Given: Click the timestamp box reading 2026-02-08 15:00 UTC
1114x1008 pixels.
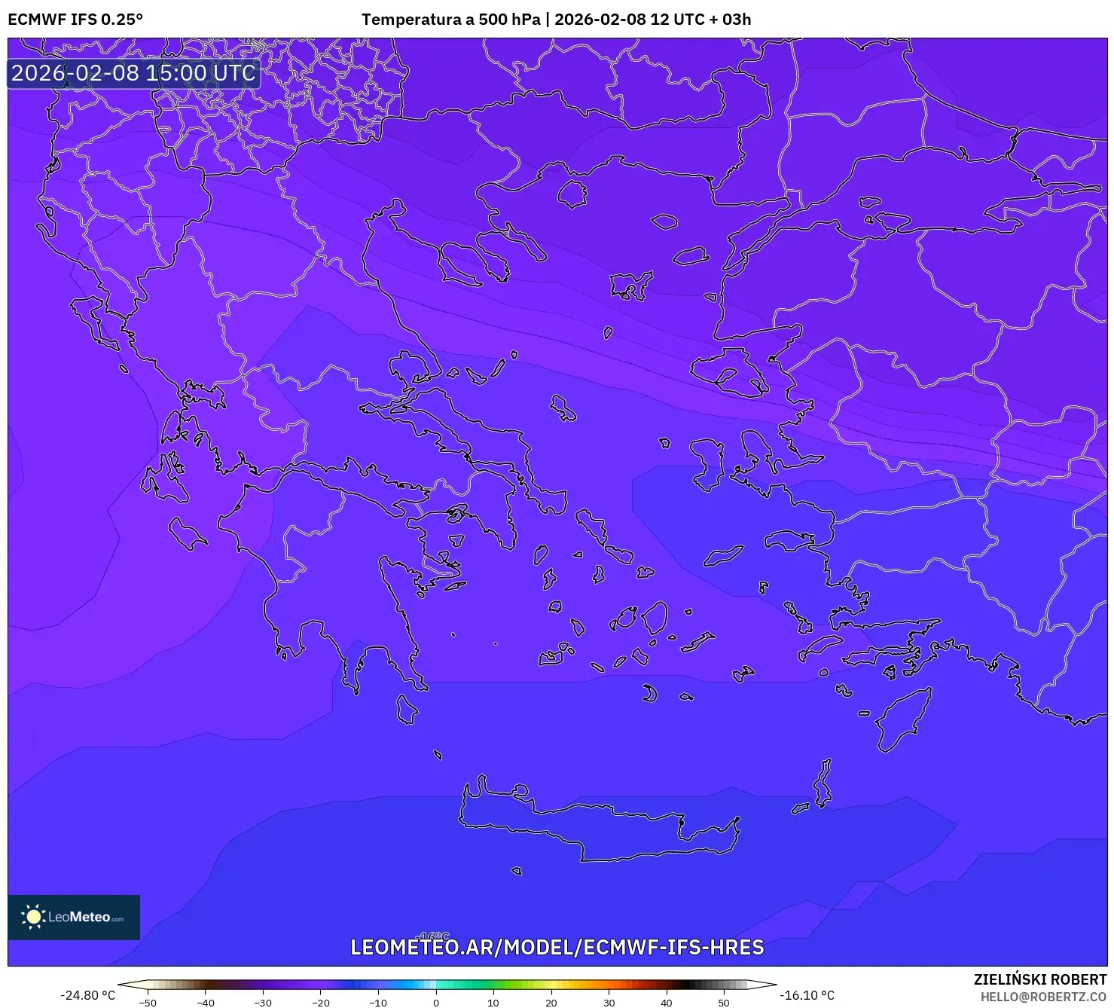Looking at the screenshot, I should coord(133,73).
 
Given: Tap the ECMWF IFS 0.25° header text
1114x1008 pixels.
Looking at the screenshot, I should coord(75,20).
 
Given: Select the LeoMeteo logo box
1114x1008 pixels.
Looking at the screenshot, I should coord(74,917).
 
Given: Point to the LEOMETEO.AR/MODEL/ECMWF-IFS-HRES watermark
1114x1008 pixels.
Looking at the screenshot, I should coord(557,947).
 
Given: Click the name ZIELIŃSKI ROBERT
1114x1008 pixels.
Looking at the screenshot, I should coord(1040,979).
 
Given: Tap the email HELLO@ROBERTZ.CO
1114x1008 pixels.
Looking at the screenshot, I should coord(1043,997).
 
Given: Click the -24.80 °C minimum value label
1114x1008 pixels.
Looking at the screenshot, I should coord(87,995).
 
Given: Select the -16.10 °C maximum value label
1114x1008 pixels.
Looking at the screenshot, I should coord(807,995).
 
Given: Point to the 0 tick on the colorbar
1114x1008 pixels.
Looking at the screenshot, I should coord(435,1002).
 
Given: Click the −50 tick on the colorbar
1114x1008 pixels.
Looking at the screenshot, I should coord(148,1002).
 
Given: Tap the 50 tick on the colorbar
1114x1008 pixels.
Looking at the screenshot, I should coord(724,1002).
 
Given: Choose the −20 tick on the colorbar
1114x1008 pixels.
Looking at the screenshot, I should coord(320,1002).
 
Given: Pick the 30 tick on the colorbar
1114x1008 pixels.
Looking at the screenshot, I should coord(609,1002).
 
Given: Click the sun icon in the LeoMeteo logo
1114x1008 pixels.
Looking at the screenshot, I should coord(33,917).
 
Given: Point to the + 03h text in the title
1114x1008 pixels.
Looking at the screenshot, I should coord(730,20).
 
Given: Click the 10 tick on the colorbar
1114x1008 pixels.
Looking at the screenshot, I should coord(493,1002).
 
